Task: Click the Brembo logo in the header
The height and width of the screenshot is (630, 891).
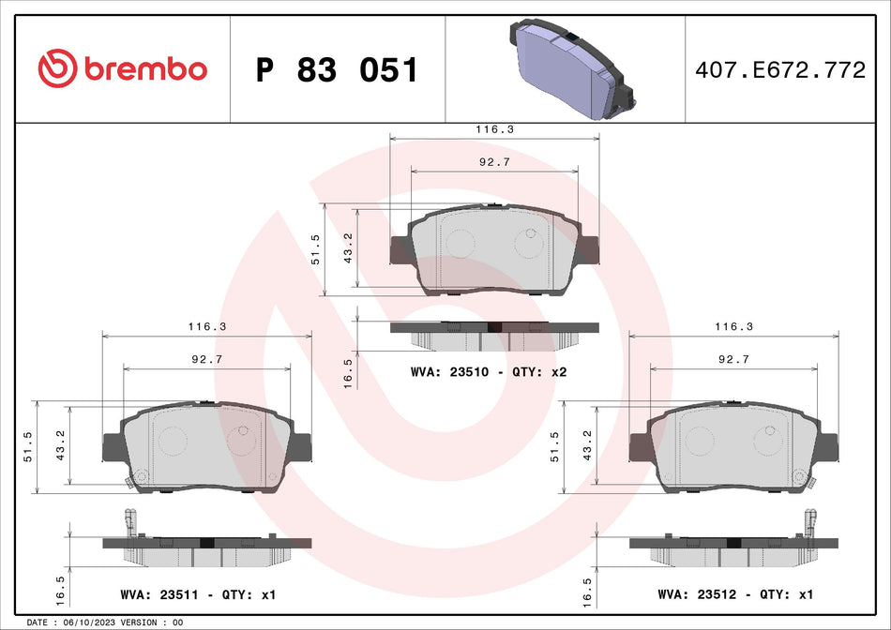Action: click(x=122, y=68)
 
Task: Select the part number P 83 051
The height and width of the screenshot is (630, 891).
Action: click(x=337, y=70)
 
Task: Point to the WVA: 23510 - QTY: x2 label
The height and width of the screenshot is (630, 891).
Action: click(x=489, y=372)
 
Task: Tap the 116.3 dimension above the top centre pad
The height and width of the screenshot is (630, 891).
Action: click(x=495, y=130)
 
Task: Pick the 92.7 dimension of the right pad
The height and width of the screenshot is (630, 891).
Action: click(x=732, y=359)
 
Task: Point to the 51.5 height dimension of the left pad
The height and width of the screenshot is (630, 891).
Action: click(x=27, y=446)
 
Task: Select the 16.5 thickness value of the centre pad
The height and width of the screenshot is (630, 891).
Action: click(x=348, y=372)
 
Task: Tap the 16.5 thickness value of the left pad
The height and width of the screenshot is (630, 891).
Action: click(x=60, y=592)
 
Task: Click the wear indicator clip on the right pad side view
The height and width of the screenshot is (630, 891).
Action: click(x=809, y=522)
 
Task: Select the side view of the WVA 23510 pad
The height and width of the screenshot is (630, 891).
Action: click(x=493, y=332)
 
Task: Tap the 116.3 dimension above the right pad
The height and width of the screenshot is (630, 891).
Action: click(x=734, y=327)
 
